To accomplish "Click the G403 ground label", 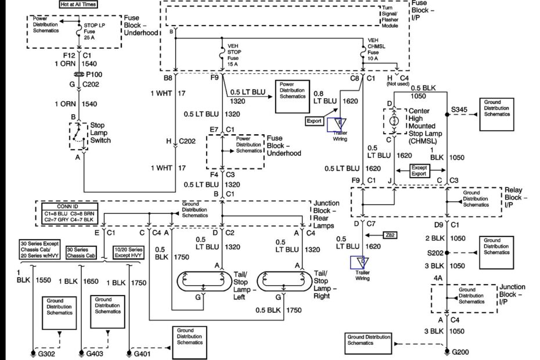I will coord(96,352).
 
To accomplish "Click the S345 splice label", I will coord(460,109).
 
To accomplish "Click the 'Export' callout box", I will coord(315,121).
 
